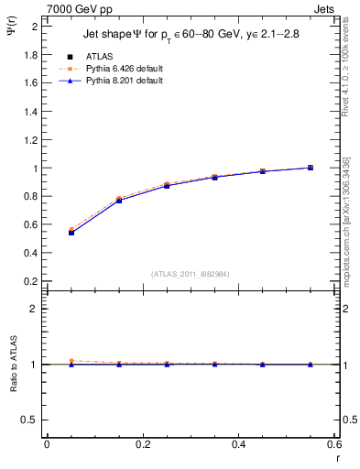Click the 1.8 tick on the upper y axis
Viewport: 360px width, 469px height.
pos(30,55)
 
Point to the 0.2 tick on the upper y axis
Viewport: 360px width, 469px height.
pos(30,281)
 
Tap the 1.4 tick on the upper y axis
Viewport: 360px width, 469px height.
pos(30,112)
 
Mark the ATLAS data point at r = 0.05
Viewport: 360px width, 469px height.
pos(71,233)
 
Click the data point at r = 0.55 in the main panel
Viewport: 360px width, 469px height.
pos(311,168)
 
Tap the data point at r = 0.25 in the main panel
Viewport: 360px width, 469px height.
pos(167,185)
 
